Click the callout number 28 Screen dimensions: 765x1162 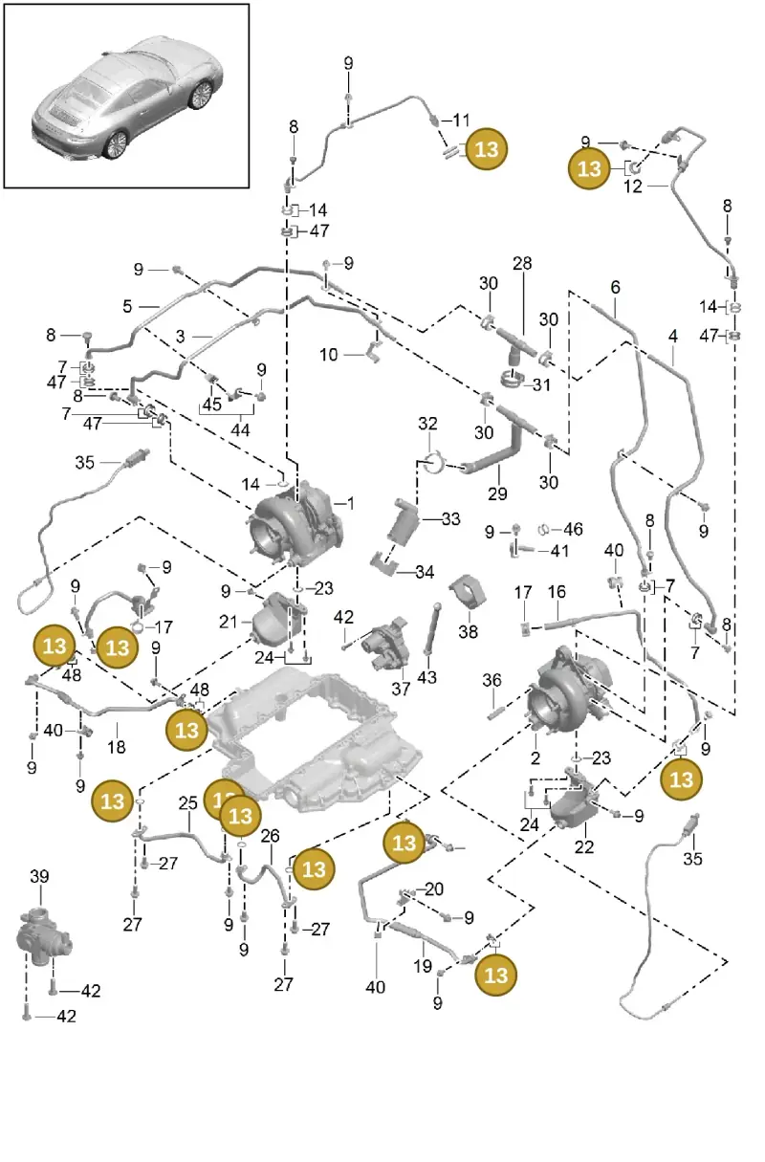pos(522,264)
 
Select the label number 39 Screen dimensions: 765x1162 pos(39,877)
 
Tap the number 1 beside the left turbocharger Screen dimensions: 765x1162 pos(351,503)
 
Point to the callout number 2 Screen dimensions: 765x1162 pos(535,757)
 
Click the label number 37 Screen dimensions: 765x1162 pos(401,689)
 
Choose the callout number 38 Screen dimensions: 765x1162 pos(468,631)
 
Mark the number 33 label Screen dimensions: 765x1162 pos(450,518)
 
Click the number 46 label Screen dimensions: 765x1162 pos(573,529)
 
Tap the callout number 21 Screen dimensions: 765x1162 pos(229,622)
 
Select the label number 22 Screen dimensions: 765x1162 pos(584,847)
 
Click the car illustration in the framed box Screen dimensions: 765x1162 pos(127,98)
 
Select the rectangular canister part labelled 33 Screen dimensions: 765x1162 pos(403,523)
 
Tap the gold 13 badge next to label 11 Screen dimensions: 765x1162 pos(486,149)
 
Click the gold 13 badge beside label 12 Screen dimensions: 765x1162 pos(589,168)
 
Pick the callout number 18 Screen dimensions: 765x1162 pos(116,747)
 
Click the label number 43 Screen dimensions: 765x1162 pos(426,677)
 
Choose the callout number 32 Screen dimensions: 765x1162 pos(427,424)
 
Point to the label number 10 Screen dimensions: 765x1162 pos(329,355)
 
